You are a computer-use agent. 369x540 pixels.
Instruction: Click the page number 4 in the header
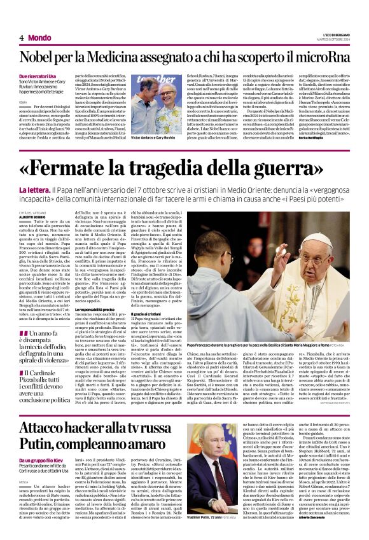tap(22, 38)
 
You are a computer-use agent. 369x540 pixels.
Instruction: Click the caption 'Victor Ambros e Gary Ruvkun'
tap(152, 137)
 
